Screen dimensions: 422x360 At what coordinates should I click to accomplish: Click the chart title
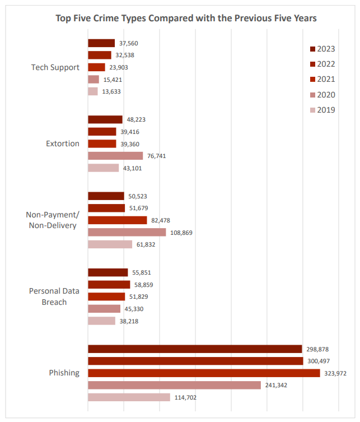[x=186, y=18]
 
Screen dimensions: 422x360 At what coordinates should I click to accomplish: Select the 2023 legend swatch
[x=312, y=49]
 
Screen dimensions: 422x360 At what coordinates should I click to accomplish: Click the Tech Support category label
[x=55, y=67]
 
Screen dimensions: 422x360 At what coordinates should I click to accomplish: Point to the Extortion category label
[x=63, y=143]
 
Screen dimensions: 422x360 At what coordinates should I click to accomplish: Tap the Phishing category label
[x=64, y=373]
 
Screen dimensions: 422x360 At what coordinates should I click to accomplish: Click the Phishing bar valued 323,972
[x=204, y=373]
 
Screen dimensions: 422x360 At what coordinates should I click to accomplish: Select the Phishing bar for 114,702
[x=129, y=397]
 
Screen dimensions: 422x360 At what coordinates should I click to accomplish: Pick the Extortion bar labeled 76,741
[x=115, y=156]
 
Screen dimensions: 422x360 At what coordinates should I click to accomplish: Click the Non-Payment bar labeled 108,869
[x=127, y=232]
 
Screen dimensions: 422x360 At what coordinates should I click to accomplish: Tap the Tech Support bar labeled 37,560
[x=101, y=43]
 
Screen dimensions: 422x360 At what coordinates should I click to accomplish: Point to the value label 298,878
[x=317, y=349]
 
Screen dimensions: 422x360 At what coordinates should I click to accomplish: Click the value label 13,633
[x=111, y=92]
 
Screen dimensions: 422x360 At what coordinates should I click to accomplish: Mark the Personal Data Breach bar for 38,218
[x=101, y=321]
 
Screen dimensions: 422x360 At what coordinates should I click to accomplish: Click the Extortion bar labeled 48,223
[x=105, y=119]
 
